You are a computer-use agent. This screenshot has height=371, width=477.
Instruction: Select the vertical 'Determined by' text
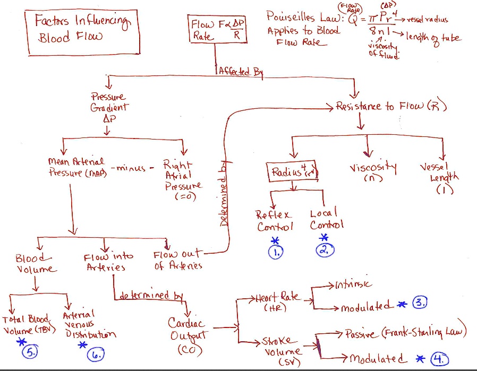click(224, 194)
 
